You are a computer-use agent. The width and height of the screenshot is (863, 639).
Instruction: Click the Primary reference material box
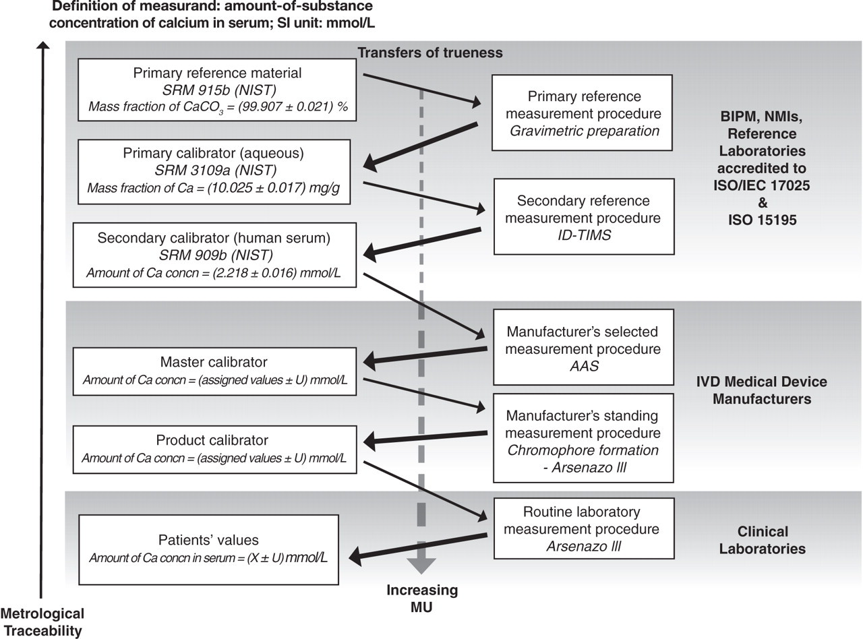pyautogui.click(x=217, y=90)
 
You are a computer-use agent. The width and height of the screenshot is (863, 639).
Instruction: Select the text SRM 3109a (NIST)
pyautogui.click(x=216, y=170)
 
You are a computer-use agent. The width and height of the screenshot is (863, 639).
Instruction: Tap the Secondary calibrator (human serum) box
pyautogui.click(x=214, y=255)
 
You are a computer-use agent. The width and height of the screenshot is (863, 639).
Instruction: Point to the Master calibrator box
pyautogui.click(x=214, y=371)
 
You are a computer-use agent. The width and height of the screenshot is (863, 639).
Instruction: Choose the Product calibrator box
pyautogui.click(x=214, y=450)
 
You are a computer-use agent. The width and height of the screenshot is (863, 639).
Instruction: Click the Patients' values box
pyautogui.click(x=208, y=549)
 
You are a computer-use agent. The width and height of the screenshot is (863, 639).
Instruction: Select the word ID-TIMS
pyautogui.click(x=584, y=235)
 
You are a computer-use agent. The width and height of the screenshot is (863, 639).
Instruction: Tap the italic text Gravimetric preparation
pyautogui.click(x=585, y=131)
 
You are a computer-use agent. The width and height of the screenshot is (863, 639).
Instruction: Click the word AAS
pyautogui.click(x=584, y=366)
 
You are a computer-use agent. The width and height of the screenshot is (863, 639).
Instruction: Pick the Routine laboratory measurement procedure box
pyautogui.click(x=584, y=528)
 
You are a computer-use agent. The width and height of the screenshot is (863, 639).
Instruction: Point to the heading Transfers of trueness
pyautogui.click(x=430, y=53)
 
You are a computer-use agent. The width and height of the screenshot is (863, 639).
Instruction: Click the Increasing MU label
pyautogui.click(x=422, y=599)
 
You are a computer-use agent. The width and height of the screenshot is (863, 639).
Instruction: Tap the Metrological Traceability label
pyautogui.click(x=42, y=622)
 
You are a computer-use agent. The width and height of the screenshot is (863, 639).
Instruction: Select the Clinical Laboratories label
pyautogui.click(x=763, y=540)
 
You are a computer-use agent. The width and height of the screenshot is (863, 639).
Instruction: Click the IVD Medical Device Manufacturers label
pyautogui.click(x=762, y=390)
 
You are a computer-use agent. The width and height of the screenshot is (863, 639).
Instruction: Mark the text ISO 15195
pyautogui.click(x=763, y=220)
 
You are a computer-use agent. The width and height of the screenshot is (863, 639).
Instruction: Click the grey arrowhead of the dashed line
pyautogui.click(x=421, y=566)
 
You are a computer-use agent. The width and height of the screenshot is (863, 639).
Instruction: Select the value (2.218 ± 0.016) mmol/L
pyautogui.click(x=276, y=273)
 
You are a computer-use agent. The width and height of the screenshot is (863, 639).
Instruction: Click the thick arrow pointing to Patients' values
pyautogui.click(x=417, y=547)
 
